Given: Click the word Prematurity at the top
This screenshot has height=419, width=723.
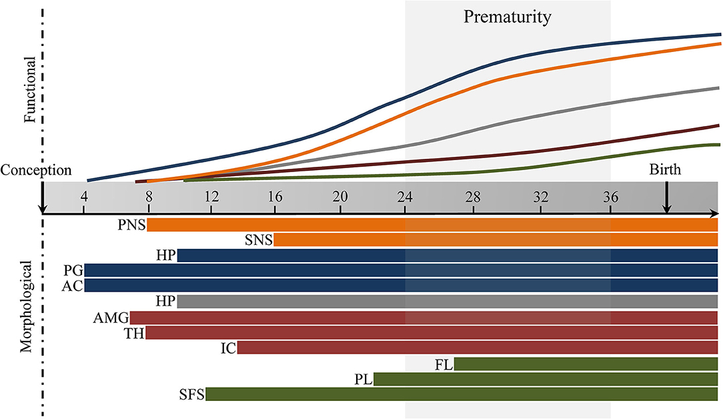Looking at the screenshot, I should pyautogui.click(x=508, y=17).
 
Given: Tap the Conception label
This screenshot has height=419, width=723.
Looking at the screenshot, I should pyautogui.click(x=35, y=170).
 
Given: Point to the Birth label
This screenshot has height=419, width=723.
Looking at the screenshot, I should pyautogui.click(x=665, y=170).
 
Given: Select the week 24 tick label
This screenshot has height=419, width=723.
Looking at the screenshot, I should pyautogui.click(x=405, y=197).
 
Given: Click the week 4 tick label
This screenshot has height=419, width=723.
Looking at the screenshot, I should pyautogui.click(x=84, y=197).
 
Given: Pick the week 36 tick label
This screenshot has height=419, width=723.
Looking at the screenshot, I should pyautogui.click(x=610, y=197).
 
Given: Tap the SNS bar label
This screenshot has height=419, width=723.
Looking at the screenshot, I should pyautogui.click(x=259, y=240).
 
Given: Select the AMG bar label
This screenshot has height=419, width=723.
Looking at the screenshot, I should pyautogui.click(x=111, y=318).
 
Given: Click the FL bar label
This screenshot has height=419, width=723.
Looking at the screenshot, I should pyautogui.click(x=444, y=364).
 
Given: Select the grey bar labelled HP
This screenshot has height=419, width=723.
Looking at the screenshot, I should pyautogui.click(x=447, y=302).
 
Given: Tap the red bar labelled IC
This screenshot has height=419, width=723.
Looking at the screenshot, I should pyautogui.click(x=477, y=348).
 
